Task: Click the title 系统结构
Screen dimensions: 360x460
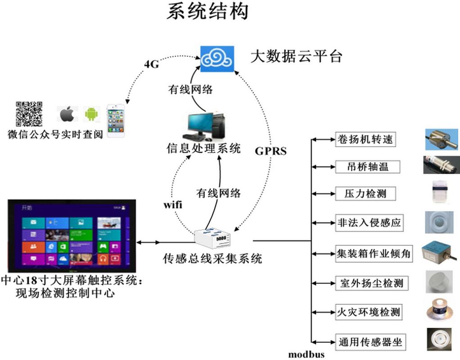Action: click(x=207, y=12)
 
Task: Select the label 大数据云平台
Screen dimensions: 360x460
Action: click(x=296, y=57)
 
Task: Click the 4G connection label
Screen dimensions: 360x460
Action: click(x=152, y=64)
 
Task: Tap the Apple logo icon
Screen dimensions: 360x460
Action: click(x=67, y=114)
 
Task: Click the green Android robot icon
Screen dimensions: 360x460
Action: click(x=92, y=114)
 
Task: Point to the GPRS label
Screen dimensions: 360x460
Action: click(x=271, y=151)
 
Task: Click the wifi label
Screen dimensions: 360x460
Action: click(x=173, y=205)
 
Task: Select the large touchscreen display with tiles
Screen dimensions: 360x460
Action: click(x=72, y=236)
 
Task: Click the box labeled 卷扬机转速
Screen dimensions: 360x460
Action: click(x=365, y=139)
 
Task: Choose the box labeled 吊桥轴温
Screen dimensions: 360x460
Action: click(x=362, y=167)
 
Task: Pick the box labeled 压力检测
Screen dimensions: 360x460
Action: click(x=361, y=194)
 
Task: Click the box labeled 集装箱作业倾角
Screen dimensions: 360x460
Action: click(x=373, y=253)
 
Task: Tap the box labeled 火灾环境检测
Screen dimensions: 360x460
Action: click(x=368, y=312)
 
